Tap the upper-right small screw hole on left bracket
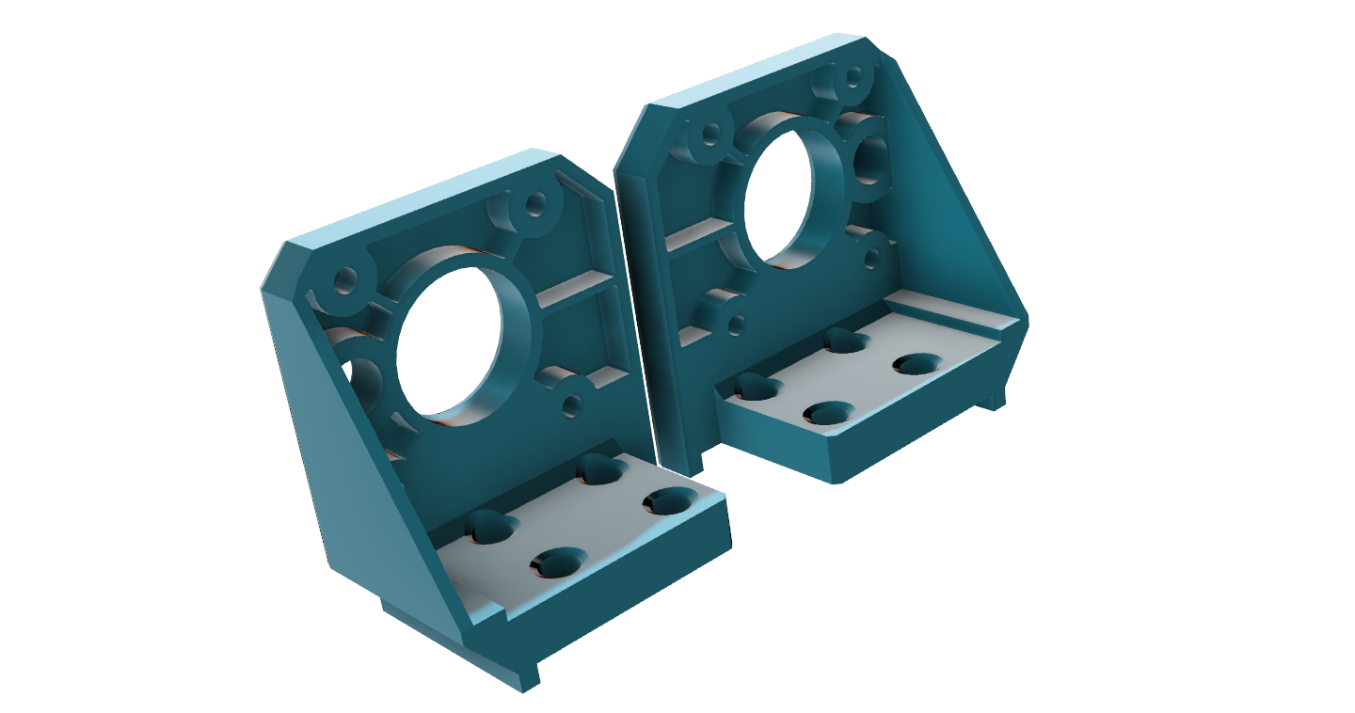(x=535, y=202)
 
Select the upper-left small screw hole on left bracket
(x=346, y=279)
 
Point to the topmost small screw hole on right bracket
(x=854, y=76)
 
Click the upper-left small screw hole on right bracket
(x=711, y=133)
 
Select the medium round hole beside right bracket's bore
(x=871, y=161)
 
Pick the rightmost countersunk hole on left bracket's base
(x=672, y=501)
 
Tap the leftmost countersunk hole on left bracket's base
(x=489, y=528)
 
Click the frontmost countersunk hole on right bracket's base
(x=832, y=412)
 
